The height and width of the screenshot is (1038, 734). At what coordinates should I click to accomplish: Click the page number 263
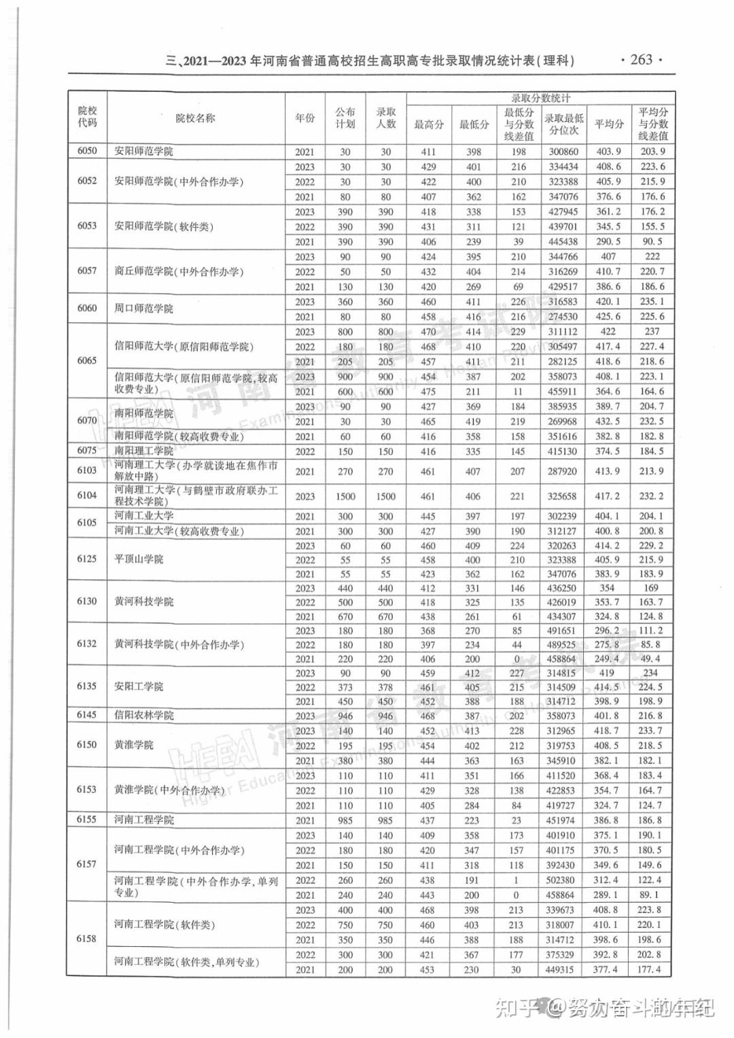coord(641,60)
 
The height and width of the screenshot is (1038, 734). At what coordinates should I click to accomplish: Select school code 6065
coord(87,360)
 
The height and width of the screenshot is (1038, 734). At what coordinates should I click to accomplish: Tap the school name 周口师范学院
coord(143,309)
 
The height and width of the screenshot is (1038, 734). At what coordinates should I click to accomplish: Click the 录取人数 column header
coord(386,118)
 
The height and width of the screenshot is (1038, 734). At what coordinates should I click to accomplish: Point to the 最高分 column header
coord(429,124)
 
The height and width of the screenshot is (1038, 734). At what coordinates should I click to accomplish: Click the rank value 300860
coord(563,152)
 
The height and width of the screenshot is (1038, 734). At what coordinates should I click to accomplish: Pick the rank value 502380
coord(563,880)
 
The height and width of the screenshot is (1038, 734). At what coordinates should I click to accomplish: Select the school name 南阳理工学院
coord(143,451)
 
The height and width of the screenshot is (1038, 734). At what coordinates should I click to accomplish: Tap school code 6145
coord(87,715)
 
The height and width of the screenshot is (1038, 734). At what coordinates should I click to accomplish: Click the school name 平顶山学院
coord(139,559)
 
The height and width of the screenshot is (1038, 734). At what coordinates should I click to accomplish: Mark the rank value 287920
coord(563,471)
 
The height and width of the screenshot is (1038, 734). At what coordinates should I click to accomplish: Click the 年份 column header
coord(305,118)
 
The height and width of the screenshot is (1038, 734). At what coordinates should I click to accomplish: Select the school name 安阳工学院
coord(139,687)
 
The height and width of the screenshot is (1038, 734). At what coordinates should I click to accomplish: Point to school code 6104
coord(87,496)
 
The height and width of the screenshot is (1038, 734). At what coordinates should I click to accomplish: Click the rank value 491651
coord(563,631)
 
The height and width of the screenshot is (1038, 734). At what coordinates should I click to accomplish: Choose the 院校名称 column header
coord(195,118)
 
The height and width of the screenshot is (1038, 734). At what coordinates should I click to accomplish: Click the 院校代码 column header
coord(87,117)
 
